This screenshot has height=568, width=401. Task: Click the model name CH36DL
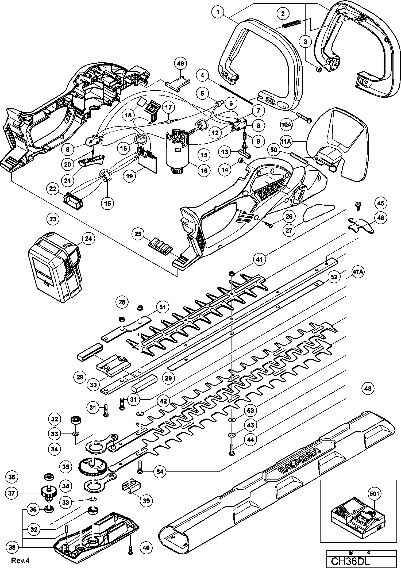point(350,561)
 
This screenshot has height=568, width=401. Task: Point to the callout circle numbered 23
point(53,219)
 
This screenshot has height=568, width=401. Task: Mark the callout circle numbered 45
point(380,203)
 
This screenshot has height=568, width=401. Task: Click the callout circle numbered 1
point(218,12)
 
